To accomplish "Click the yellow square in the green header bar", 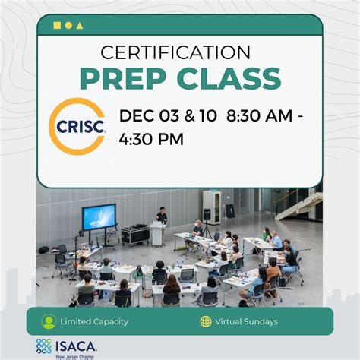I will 57,25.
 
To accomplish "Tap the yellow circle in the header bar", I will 68,25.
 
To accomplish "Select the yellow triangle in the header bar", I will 80,25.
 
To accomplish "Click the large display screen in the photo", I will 99,217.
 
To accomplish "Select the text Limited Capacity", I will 95,321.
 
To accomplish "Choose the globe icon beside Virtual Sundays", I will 206,321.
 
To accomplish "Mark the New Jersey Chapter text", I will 76,355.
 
